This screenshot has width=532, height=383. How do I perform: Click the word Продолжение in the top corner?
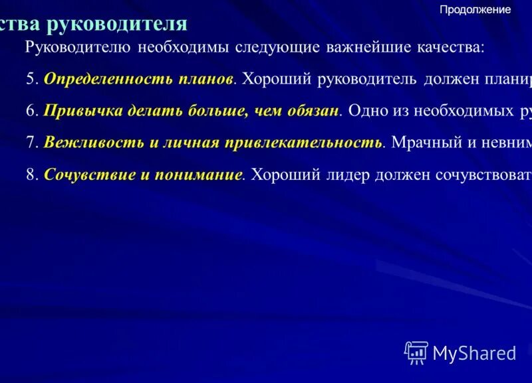click(x=475, y=10)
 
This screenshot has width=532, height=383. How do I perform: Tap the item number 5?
click(x=31, y=79)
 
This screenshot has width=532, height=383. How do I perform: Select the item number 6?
click(x=31, y=111)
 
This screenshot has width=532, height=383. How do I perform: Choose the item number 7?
click(x=31, y=143)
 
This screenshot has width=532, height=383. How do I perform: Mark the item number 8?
click(x=31, y=175)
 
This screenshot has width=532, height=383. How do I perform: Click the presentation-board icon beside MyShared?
click(x=416, y=352)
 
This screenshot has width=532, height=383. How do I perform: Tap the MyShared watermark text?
click(x=474, y=353)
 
